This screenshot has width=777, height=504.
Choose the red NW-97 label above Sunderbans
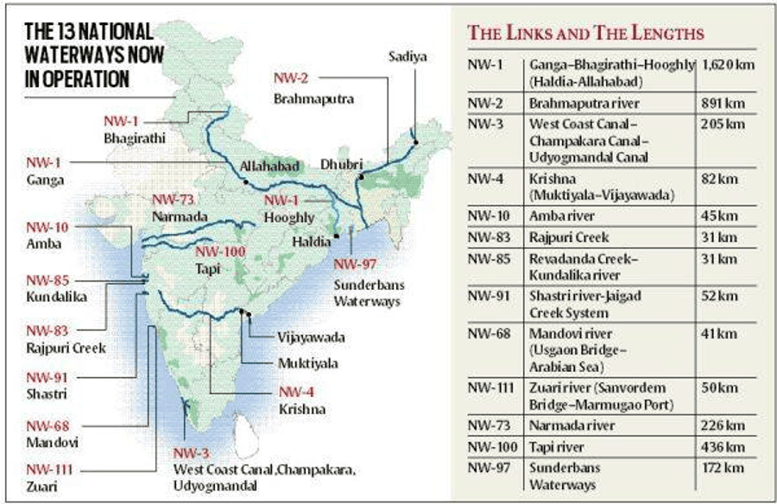point(356,264)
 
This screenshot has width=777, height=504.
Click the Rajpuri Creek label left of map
point(65,348)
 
